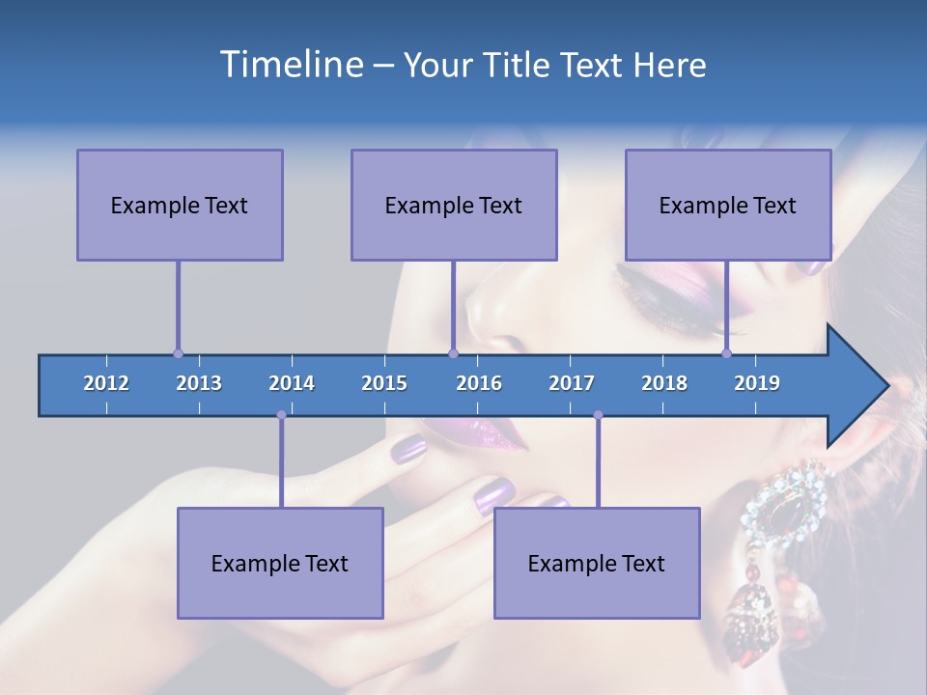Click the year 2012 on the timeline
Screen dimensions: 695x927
106,383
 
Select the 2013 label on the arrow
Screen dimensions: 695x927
199,383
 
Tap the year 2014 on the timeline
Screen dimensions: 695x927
292,383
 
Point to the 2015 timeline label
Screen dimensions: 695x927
384,383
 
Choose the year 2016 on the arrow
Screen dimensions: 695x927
479,383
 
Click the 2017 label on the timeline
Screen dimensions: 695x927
572,383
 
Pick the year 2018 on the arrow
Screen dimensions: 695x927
664,383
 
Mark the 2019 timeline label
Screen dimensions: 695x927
757,383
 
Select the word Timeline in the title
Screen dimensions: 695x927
291,65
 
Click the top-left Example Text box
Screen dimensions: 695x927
180,205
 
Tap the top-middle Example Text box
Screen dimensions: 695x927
454,205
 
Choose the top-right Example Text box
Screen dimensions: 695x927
728,205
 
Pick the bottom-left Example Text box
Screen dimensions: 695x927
280,563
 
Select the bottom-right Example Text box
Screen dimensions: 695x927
597,563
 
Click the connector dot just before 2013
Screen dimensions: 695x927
178,353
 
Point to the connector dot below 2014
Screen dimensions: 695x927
281,415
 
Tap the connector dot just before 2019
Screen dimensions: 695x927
726,353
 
